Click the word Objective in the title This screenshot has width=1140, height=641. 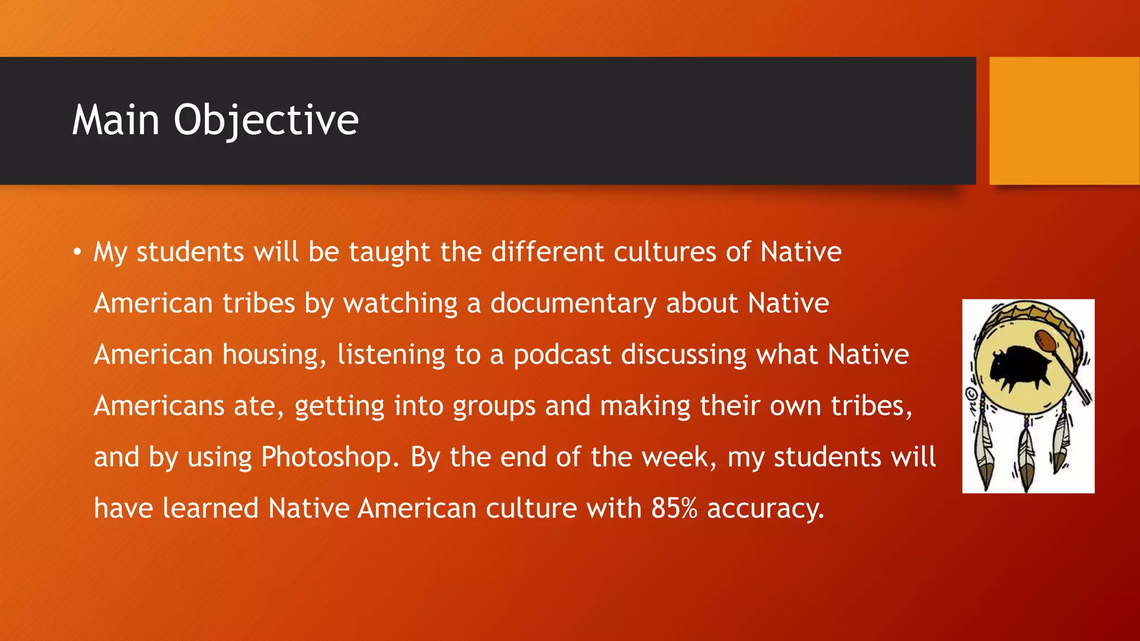tap(266, 120)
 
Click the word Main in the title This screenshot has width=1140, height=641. tap(116, 120)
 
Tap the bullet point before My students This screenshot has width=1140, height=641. tap(77, 253)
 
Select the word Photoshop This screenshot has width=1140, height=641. tap(330, 457)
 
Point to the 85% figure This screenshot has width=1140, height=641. tap(674, 508)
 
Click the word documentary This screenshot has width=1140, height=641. tap(573, 304)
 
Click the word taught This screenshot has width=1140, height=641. tap(390, 253)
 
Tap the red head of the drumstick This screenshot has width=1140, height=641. tap(1045, 341)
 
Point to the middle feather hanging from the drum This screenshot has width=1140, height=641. tap(1025, 456)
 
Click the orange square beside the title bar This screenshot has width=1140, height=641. tap(1064, 120)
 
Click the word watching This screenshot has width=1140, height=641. tap(400, 304)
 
